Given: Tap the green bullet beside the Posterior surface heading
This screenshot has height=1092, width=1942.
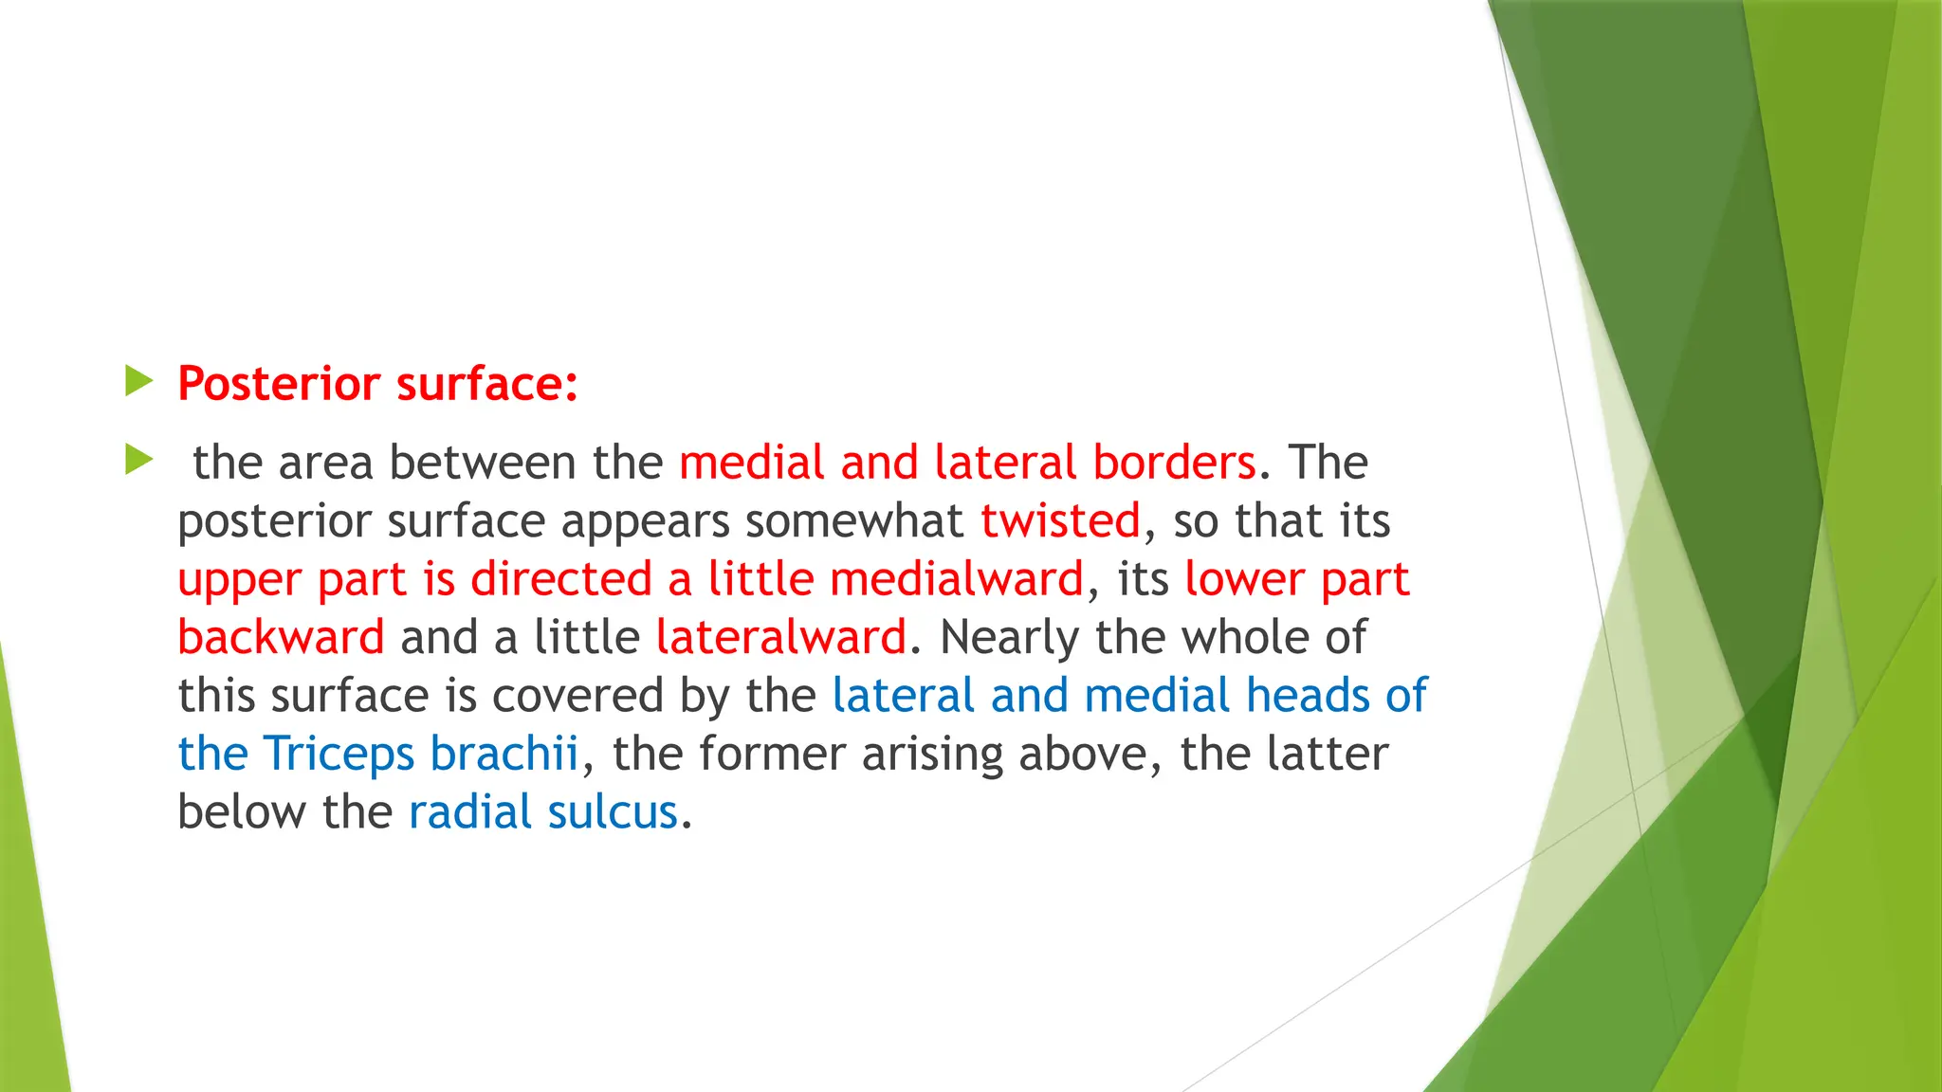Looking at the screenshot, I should pos(138,382).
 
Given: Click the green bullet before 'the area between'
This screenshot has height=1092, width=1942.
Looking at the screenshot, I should pos(138,461).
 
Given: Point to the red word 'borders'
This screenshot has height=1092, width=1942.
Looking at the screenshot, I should pos(1174,463).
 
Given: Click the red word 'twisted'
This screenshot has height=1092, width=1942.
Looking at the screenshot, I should pos(1060,521).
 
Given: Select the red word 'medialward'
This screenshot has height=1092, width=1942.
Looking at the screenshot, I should pos(957,579).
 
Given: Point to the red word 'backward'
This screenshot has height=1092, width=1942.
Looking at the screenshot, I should pos(281,637).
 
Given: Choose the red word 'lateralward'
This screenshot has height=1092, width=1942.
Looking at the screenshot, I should pos(781,637).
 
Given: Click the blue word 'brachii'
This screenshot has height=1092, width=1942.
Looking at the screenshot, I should pos(504,754).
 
